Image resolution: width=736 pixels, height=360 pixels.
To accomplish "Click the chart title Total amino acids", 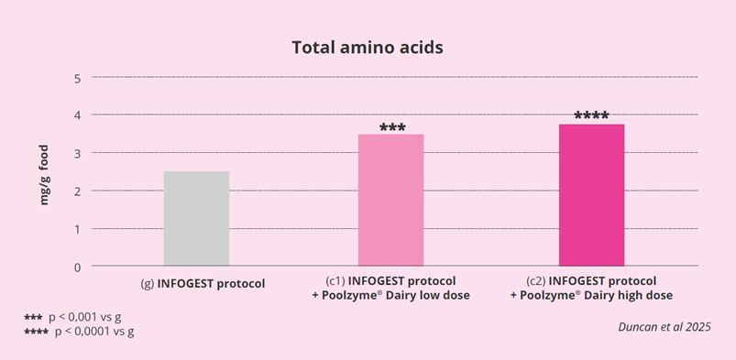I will (x=368, y=47).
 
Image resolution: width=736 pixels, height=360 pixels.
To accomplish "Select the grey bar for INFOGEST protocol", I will (x=196, y=219).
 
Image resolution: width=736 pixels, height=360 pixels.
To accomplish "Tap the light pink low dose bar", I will (x=390, y=201).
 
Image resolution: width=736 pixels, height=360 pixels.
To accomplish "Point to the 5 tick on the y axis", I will (x=78, y=78).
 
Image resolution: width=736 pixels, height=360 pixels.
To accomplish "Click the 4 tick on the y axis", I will (x=78, y=115).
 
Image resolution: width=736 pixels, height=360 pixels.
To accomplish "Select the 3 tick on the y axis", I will (x=78, y=153).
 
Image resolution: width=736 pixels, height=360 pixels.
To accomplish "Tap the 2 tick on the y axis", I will (x=78, y=191).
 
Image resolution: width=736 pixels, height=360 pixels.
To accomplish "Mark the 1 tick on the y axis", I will (x=78, y=228).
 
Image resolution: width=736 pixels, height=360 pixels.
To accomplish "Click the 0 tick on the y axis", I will (x=78, y=267).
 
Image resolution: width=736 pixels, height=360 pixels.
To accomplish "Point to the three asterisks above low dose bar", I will (x=390, y=128).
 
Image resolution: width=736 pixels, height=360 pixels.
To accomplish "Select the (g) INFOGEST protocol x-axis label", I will (x=203, y=283).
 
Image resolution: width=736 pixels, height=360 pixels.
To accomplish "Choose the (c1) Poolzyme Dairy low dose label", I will (x=390, y=288).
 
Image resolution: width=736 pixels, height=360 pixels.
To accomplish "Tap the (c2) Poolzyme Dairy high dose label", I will (x=591, y=288).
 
